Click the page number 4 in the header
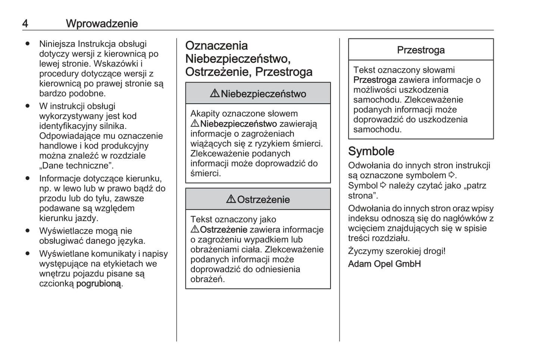pyautogui.click(x=25, y=24)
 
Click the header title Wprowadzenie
pyautogui.click(x=102, y=24)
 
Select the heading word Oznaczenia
pyautogui.click(x=216, y=46)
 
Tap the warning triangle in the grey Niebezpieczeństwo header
pyautogui.click(x=214, y=94)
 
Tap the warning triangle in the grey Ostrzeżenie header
pyautogui.click(x=231, y=200)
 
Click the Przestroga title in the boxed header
pyautogui.click(x=420, y=50)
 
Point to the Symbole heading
pyautogui.click(x=371, y=151)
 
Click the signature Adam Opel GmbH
pyautogui.click(x=384, y=264)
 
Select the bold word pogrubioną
pyautogui.click(x=99, y=284)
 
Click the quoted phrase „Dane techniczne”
pyautogui.click(x=76, y=166)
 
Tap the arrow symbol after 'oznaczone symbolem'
pyautogui.click(x=452, y=175)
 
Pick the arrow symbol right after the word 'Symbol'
pyautogui.click(x=383, y=185)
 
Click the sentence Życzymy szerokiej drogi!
pyautogui.click(x=397, y=251)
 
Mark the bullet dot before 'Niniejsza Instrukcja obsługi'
pyautogui.click(x=27, y=44)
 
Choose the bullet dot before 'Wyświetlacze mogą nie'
pyautogui.click(x=27, y=231)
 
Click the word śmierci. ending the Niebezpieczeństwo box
pyautogui.click(x=206, y=173)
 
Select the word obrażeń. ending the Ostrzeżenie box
pyautogui.click(x=207, y=279)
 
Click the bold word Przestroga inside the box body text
pyautogui.click(x=375, y=80)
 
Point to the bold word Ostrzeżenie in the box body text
pyautogui.click(x=223, y=229)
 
